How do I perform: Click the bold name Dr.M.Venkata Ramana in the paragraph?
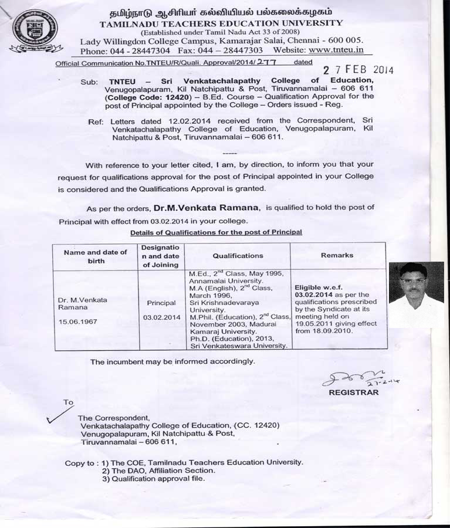coord(207,208)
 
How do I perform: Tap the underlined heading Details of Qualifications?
coord(216,232)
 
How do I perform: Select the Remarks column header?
coord(337,255)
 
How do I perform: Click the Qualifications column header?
coord(238,256)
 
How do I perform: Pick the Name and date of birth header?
coord(95,256)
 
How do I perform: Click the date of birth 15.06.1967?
coord(79,321)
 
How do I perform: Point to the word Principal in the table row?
coord(161,303)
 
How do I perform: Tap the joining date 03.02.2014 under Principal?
coord(161,317)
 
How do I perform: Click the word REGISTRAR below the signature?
coord(353,392)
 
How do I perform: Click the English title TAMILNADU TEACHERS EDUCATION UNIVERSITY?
coord(221,23)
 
